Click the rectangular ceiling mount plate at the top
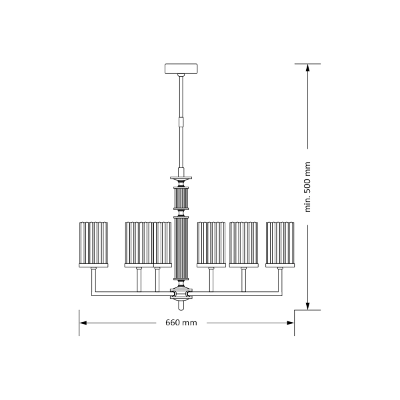coord(181,69)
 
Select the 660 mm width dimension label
coord(181,323)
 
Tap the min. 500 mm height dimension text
coord(307,187)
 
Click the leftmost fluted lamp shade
coord(93,245)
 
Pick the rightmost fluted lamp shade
coord(280,245)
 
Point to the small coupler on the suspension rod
coord(181,121)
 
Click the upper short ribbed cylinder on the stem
coord(181,198)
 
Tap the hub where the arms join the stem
coord(181,294)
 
